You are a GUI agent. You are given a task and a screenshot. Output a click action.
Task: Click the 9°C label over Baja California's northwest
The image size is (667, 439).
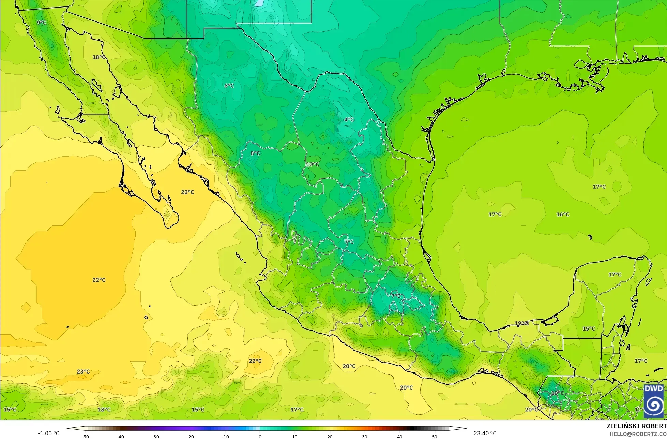click(42, 23)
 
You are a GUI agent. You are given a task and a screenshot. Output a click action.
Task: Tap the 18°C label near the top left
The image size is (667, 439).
click(99, 57)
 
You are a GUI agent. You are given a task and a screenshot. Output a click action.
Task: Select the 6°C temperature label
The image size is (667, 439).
click(229, 86)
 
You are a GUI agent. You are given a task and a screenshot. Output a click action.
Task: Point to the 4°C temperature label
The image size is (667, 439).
click(349, 120)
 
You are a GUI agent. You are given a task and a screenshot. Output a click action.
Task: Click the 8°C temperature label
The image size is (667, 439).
click(255, 153)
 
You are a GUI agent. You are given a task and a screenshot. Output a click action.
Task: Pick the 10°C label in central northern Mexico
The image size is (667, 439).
click(313, 164)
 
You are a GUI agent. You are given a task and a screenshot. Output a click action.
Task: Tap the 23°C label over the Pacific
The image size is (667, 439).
click(83, 372)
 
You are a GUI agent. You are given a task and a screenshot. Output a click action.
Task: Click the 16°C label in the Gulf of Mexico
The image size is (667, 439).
click(563, 215)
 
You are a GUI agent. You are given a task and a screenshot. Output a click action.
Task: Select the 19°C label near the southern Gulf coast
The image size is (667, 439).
click(521, 323)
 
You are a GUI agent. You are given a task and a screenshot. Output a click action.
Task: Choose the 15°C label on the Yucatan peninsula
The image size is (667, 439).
click(589, 329)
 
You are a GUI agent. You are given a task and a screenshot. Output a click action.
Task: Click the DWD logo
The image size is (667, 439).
click(654, 401)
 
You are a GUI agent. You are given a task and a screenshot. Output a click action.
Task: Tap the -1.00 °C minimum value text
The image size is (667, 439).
click(48, 433)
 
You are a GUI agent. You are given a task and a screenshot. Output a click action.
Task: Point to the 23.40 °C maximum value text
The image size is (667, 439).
click(485, 433)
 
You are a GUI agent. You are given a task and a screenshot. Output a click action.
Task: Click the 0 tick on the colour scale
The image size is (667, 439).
click(260, 437)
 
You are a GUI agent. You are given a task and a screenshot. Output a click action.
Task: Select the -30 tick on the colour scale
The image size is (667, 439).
click(155, 437)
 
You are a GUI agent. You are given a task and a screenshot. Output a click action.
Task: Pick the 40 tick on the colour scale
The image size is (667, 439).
click(399, 437)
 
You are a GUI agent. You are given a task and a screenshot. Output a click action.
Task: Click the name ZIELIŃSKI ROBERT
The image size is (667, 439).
click(636, 426)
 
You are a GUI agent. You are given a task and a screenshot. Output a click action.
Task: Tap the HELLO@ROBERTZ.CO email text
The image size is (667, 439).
click(638, 434)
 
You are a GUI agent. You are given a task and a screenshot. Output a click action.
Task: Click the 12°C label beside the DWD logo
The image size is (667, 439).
click(639, 410)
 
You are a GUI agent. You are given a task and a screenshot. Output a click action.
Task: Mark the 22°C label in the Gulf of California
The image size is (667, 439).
click(187, 192)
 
